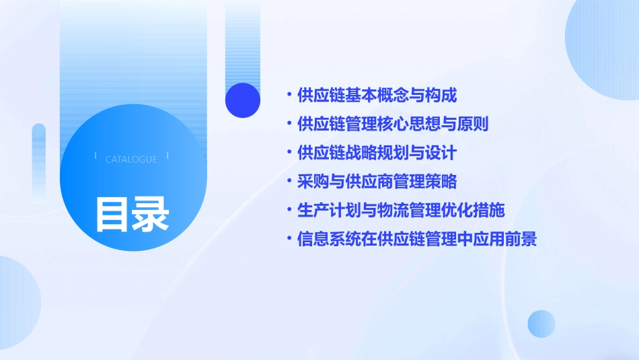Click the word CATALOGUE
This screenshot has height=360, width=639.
pos(131,159)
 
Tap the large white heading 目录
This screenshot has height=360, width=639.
pos(132,213)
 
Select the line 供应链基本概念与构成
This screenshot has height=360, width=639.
pos(377,96)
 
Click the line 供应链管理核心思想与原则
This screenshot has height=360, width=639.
pos(393,124)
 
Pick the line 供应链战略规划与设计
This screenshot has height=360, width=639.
pos(377,153)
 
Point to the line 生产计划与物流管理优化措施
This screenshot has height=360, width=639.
pos(401,210)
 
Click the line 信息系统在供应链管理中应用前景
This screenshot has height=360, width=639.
pos(417,239)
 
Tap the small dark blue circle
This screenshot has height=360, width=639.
pos(242,100)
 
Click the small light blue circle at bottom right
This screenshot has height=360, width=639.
pos(541,324)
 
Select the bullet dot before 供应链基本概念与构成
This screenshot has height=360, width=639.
pos(289,96)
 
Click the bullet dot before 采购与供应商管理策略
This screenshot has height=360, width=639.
pos(289,182)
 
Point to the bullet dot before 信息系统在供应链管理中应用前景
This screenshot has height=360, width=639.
pos(289,239)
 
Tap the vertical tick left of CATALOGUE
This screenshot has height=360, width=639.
pos(96,156)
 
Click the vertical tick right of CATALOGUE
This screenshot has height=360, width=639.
pos(167,156)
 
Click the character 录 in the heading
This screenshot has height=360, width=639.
pos(151,213)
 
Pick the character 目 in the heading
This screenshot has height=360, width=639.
pos(113,213)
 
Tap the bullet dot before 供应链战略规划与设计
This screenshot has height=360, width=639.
pos(289,153)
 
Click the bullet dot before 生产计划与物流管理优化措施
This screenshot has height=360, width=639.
pos(289,210)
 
